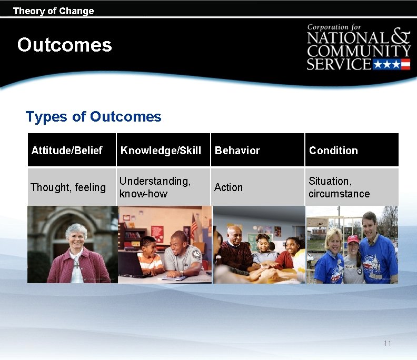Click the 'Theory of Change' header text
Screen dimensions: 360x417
53,11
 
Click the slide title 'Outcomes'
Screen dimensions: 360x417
64,45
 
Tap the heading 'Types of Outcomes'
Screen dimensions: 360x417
93,116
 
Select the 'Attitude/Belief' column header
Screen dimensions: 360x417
66,151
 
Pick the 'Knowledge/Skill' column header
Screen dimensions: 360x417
161,151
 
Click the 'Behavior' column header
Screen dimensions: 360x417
237,151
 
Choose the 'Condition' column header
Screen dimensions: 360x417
333,151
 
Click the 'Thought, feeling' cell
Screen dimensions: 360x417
68,187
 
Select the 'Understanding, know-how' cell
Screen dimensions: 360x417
154,187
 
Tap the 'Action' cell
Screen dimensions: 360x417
229,187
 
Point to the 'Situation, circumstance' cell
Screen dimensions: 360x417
339,187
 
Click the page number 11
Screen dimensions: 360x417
388,343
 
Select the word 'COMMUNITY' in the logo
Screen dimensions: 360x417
359,52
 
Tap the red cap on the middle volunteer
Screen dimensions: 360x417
353,239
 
